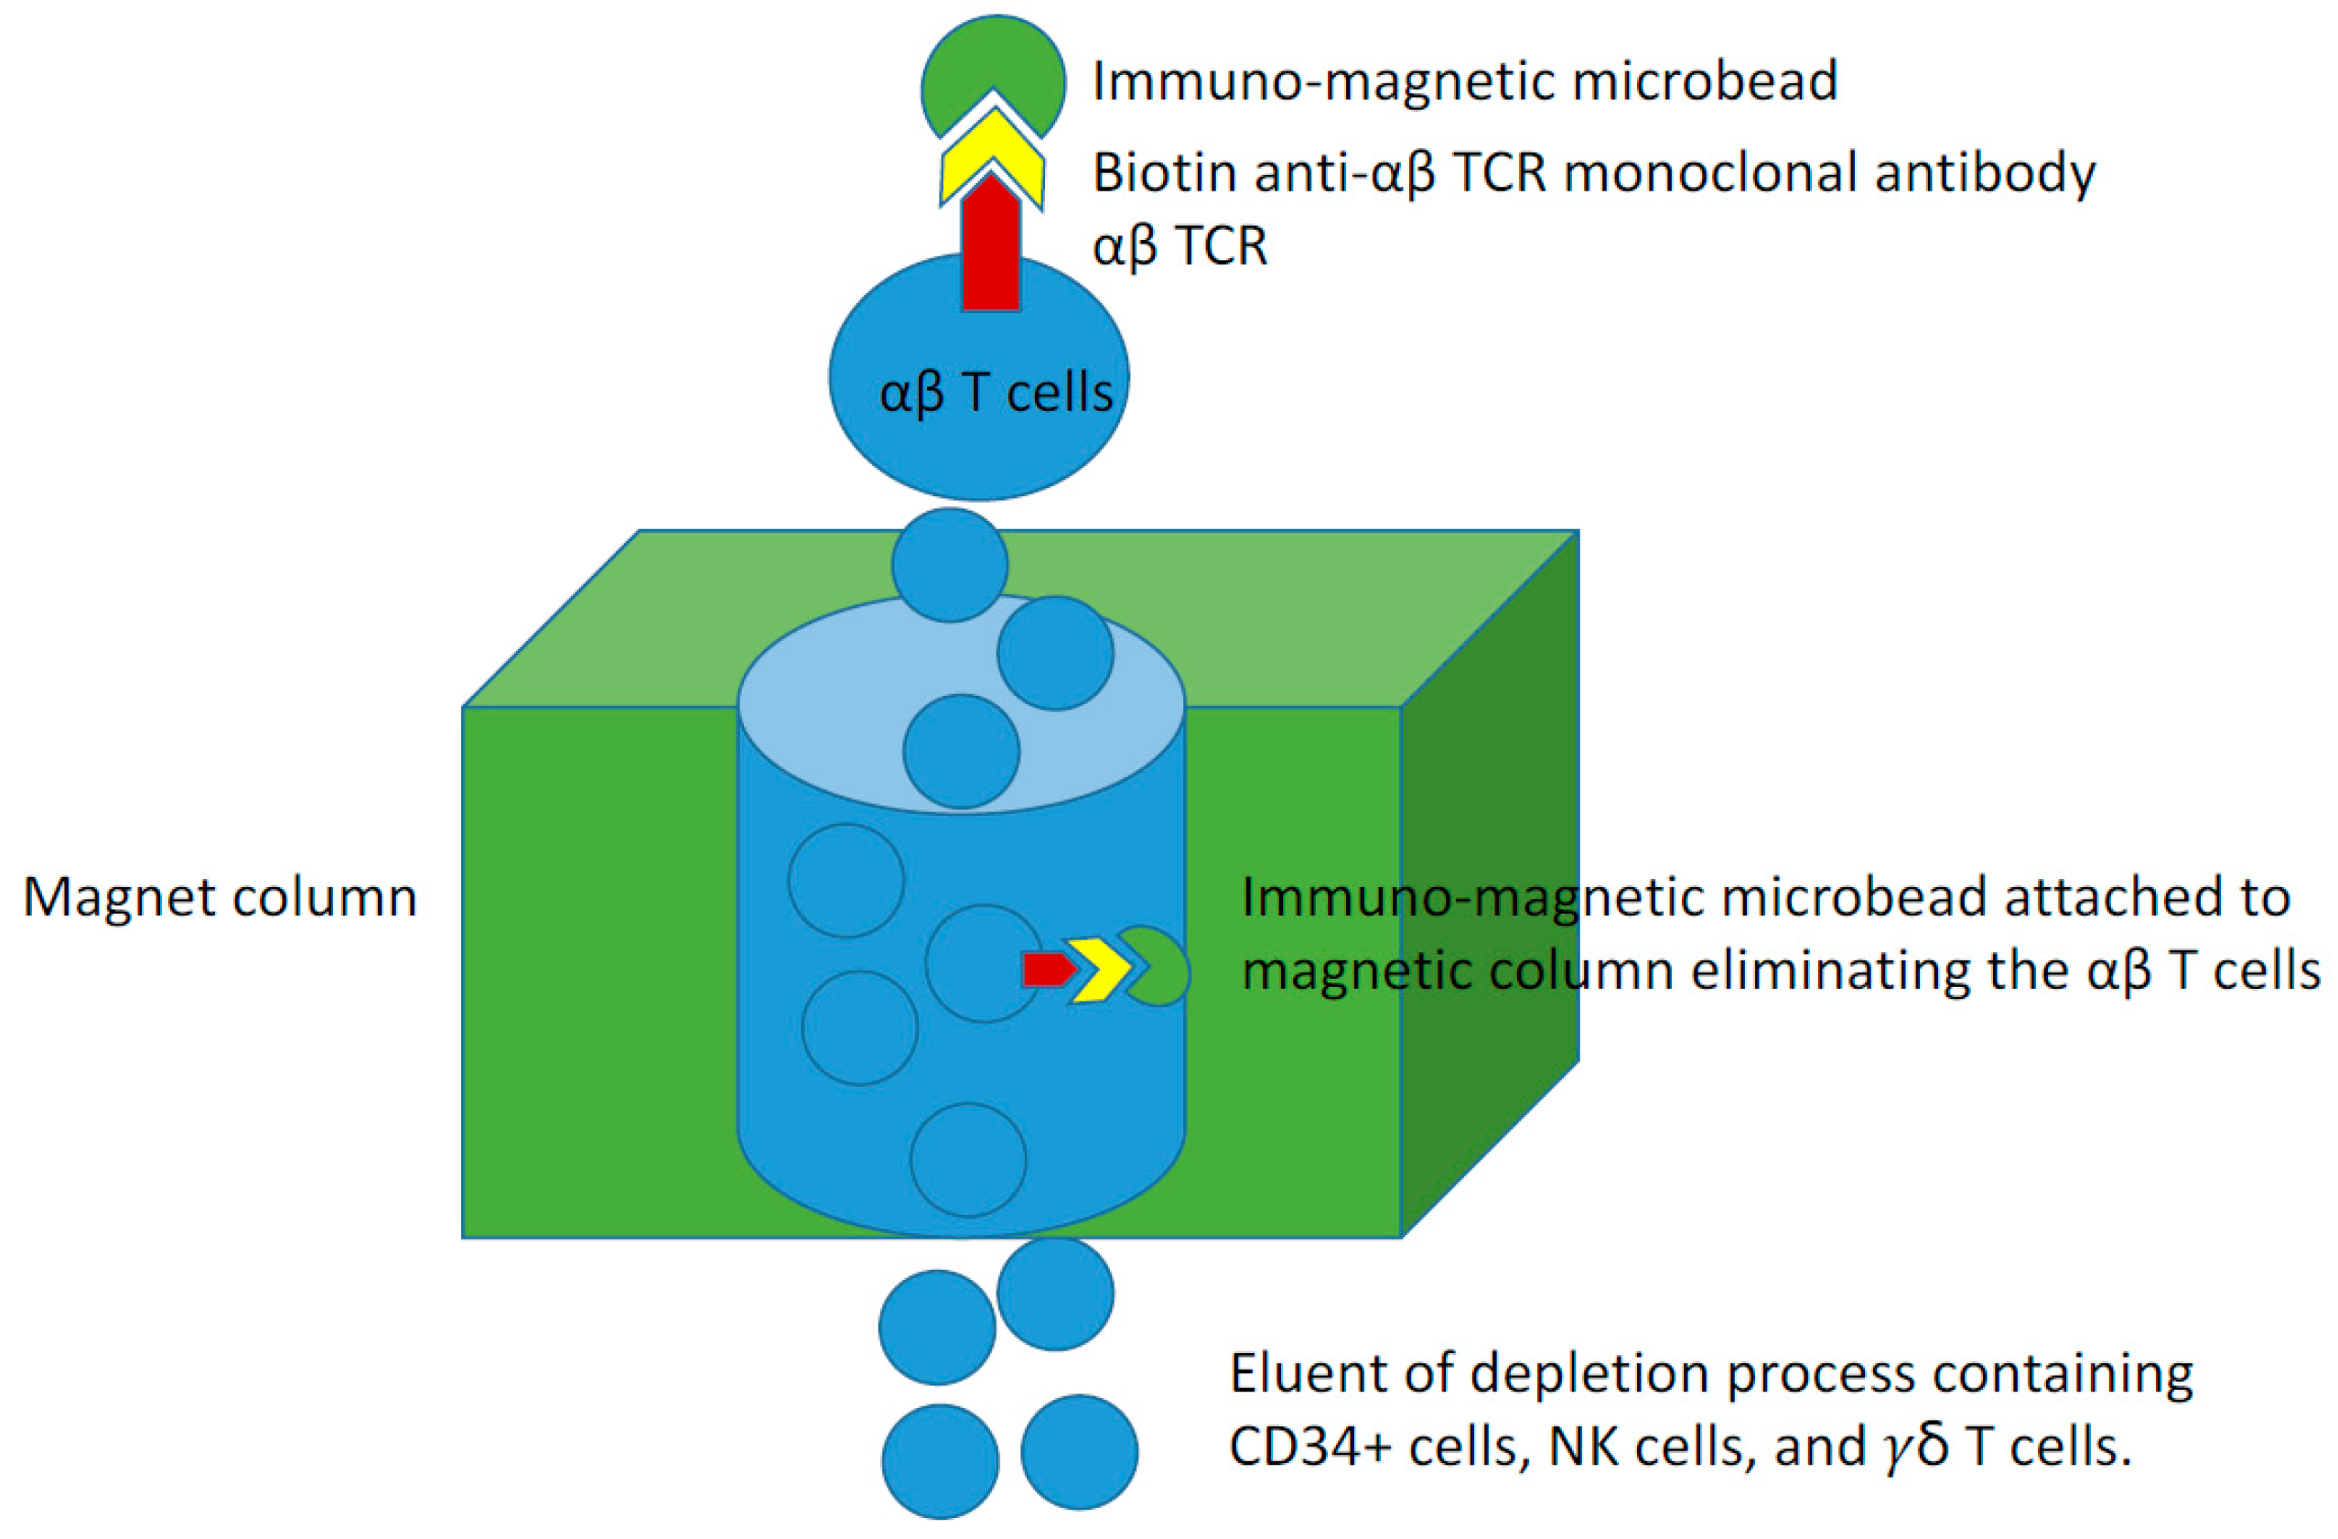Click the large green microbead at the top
(x=992, y=64)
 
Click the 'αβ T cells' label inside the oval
(x=995, y=393)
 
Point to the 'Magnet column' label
(x=220, y=897)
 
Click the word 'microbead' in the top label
(x=1705, y=81)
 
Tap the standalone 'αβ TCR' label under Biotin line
(x=1180, y=245)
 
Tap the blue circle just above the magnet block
(x=949, y=564)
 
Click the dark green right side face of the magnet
(x=1488, y=884)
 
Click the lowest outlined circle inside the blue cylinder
(x=967, y=1160)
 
